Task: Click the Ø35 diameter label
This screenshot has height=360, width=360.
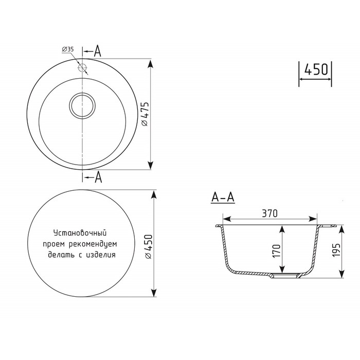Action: [x=68, y=49]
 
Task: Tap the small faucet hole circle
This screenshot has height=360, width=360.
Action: [x=82, y=67]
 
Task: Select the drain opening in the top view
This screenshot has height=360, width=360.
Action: [x=82, y=105]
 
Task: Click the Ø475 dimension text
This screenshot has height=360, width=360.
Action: [x=145, y=114]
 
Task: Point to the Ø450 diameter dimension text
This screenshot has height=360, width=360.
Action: [x=148, y=246]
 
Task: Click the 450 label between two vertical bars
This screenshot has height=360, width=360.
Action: [x=316, y=69]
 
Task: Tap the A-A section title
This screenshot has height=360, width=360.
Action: [x=223, y=197]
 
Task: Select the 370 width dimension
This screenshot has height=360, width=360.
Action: [x=270, y=213]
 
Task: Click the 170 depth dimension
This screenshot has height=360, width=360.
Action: [x=277, y=251]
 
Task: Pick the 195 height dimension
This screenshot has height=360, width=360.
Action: [x=336, y=250]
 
